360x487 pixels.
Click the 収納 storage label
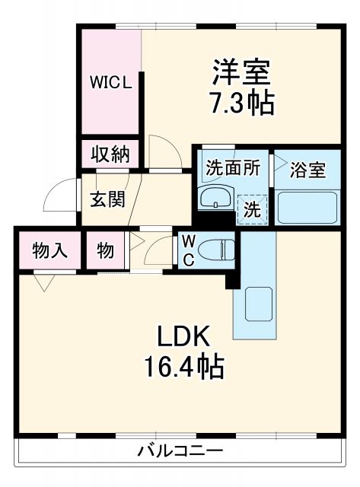[111, 154]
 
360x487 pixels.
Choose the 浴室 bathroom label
[307, 169]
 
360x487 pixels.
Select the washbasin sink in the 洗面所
[215, 199]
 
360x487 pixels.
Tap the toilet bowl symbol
[218, 249]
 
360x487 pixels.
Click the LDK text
[183, 337]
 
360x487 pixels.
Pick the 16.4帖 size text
[183, 368]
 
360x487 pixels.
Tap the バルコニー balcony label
[180, 450]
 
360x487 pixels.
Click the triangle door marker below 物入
[43, 283]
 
